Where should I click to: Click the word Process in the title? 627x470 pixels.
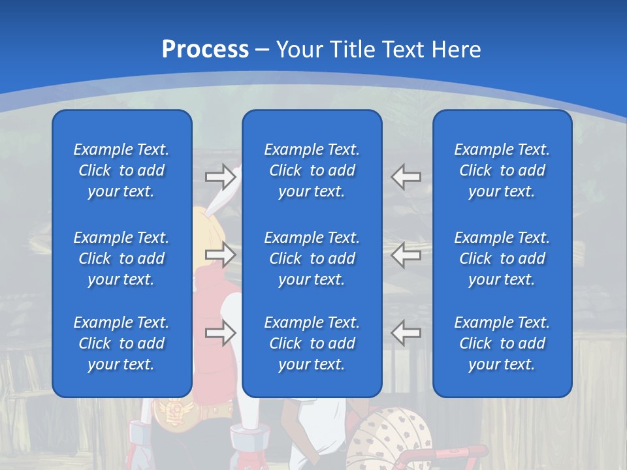pos(205,49)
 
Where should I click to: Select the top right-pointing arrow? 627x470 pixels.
pos(220,176)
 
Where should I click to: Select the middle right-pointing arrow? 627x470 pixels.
pos(220,255)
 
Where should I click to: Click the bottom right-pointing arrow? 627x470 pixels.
pos(220,333)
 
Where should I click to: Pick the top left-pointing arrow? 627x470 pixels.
pos(406,176)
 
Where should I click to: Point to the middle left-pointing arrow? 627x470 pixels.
pos(406,255)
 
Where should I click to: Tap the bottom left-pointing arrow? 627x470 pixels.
pos(406,333)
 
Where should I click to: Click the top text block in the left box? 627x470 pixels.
pos(121,170)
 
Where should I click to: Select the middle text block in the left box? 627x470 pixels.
pos(121,258)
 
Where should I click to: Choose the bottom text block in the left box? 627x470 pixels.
pos(121,343)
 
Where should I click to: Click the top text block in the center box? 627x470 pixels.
pos(312,170)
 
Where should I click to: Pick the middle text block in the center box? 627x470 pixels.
pos(312,258)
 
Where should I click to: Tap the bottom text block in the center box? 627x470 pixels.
pos(312,343)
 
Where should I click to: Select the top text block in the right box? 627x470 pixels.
pos(502,170)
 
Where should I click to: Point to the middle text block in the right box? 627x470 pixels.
pos(502,258)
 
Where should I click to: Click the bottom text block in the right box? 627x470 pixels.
pos(502,343)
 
